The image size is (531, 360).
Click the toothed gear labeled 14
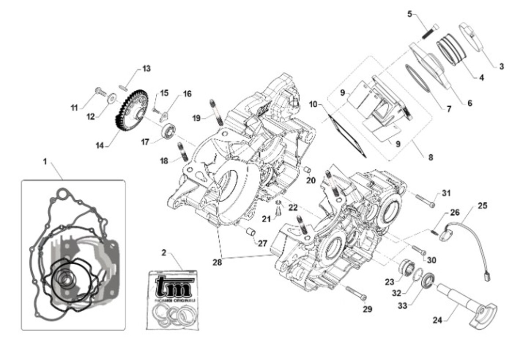(131, 110)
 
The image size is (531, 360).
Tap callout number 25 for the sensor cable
(482, 206)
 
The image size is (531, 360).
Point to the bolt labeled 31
(424, 199)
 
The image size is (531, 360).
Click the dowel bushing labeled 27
(250, 232)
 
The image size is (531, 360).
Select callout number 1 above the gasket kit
(45, 162)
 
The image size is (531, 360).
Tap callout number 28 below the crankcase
(217, 262)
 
